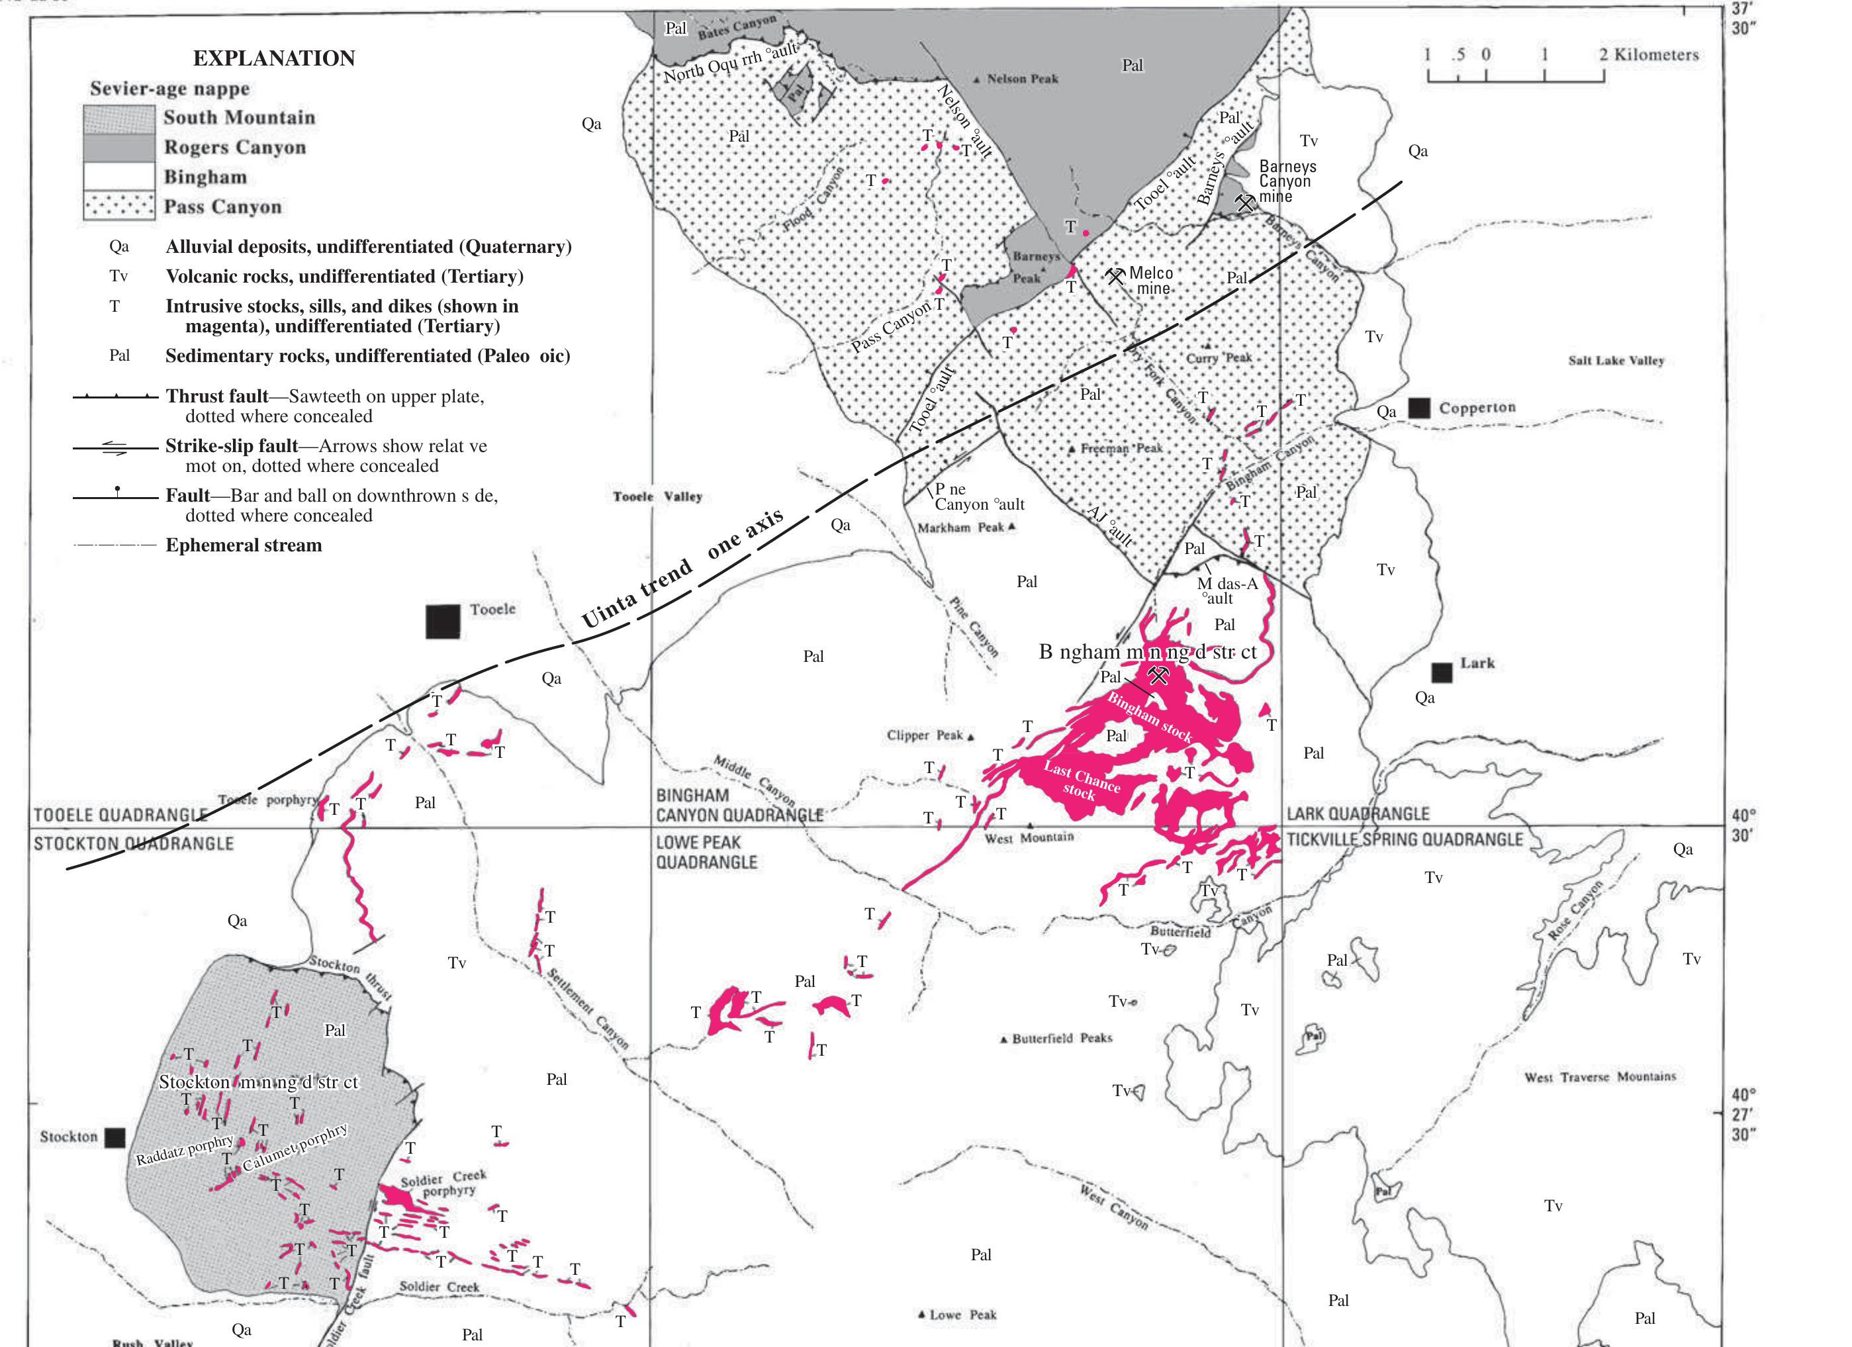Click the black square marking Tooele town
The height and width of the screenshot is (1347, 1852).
(x=443, y=622)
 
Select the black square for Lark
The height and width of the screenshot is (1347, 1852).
(x=1442, y=672)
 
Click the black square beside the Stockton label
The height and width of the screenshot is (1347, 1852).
(x=115, y=1137)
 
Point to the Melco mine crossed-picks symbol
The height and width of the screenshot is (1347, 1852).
(x=1115, y=276)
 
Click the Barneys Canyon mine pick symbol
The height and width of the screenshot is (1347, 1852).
(x=1244, y=202)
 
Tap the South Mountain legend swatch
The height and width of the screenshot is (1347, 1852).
(x=118, y=118)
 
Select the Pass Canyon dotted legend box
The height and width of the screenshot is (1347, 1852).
(x=118, y=207)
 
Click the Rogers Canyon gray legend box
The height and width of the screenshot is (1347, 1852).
(x=118, y=148)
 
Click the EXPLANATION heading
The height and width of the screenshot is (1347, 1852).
(x=273, y=58)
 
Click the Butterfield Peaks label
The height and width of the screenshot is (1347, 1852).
(x=1062, y=1039)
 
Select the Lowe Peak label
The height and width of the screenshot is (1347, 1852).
(x=962, y=1315)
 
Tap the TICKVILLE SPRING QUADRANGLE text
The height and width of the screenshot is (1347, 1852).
(x=1405, y=840)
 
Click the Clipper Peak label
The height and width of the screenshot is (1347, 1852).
(x=925, y=735)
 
